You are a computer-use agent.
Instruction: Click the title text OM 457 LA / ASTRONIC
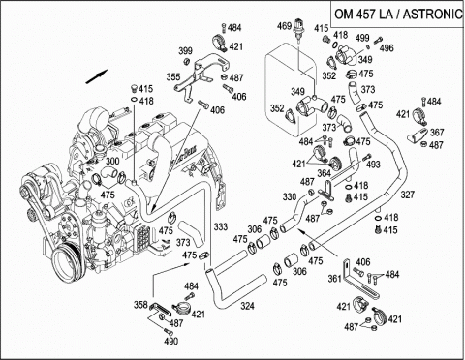[398, 15]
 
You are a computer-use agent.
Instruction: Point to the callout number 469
[284, 26]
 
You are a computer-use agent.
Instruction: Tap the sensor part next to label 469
[297, 31]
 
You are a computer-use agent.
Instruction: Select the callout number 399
[186, 51]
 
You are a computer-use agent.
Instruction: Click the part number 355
[173, 77]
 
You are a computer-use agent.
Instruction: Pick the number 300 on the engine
[112, 161]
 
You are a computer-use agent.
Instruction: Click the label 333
[221, 226]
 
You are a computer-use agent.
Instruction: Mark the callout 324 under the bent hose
[247, 306]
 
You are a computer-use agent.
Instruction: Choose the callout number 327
[408, 195]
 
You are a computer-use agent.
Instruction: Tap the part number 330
[290, 196]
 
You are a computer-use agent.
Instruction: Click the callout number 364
[324, 173]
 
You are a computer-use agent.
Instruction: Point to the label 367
[437, 133]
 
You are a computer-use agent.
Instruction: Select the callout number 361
[335, 278]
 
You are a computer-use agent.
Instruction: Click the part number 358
[140, 305]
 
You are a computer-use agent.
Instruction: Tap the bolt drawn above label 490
[168, 331]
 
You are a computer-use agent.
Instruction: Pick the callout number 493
[373, 165]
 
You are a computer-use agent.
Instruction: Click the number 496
[387, 48]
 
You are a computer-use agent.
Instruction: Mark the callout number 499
[362, 38]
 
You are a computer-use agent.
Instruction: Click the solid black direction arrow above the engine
[97, 76]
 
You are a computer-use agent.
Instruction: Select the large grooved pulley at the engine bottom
[69, 263]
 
